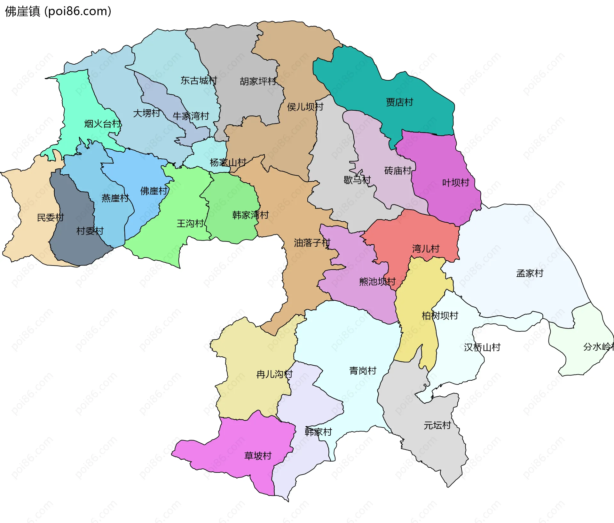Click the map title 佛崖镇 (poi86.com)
[x=58, y=11]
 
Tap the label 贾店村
[x=399, y=102]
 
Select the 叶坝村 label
[x=455, y=183]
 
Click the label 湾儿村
[x=426, y=249]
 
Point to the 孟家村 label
[x=530, y=273]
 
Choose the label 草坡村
[x=258, y=456]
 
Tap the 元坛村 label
[x=437, y=425]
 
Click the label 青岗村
[x=363, y=371]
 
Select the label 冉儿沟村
[x=274, y=374]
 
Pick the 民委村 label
[x=51, y=218]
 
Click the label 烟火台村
[x=103, y=124]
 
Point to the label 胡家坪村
[x=258, y=81]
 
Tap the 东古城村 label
[x=199, y=80]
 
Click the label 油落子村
[x=312, y=243]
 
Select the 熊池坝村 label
[x=377, y=281]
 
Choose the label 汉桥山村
[x=482, y=347]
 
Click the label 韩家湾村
[x=250, y=215]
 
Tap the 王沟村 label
[x=190, y=223]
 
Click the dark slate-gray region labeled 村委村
[x=77, y=246]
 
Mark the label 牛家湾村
[x=191, y=116]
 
